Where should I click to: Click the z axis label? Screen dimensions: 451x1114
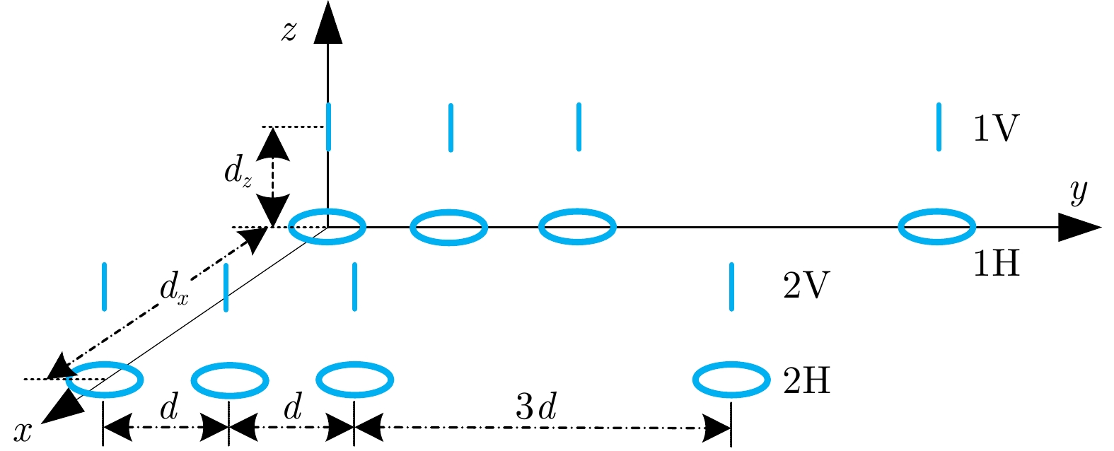coord(289,32)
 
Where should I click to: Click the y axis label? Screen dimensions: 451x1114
coord(1078,191)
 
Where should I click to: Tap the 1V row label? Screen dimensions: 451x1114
coord(995,129)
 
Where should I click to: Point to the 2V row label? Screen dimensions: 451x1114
coord(806,287)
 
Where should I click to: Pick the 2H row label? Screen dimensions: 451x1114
coord(806,382)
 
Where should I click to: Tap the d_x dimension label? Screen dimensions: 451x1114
coord(173,291)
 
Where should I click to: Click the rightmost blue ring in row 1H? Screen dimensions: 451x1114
coord(936,228)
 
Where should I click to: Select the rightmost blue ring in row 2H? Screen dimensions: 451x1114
coord(731,380)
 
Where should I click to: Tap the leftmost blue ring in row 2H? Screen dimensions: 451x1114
coord(105,380)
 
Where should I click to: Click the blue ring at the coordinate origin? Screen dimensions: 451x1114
coord(327,228)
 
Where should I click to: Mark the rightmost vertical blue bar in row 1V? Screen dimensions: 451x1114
coord(939,127)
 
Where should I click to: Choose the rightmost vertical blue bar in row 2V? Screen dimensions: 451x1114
coord(731,286)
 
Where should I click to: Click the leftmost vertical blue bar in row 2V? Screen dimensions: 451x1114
coord(105,286)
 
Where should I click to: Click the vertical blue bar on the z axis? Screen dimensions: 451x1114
coord(328,127)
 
